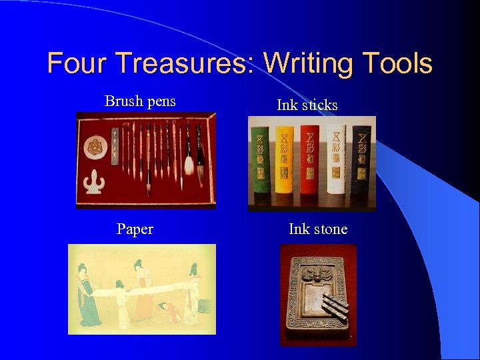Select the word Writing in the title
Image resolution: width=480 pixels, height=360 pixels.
coord(309,64)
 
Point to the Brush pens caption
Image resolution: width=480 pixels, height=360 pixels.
coord(140,101)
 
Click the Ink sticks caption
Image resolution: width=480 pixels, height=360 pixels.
coord(307,105)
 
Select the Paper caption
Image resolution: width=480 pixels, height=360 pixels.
coord(135,229)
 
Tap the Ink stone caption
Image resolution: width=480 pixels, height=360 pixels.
coord(318,229)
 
